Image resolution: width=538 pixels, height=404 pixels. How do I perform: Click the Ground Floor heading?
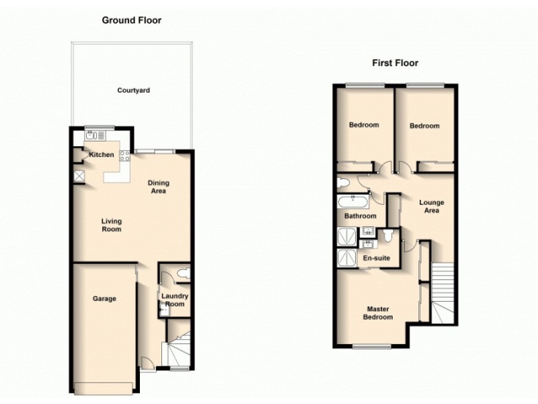pos(132,20)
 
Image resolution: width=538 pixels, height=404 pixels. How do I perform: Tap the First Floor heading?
pos(395,63)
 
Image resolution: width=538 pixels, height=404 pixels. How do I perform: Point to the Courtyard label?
pos(133,90)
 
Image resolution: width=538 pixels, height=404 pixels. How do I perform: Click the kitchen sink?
pos(93,135)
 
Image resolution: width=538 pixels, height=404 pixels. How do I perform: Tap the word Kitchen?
pos(102,156)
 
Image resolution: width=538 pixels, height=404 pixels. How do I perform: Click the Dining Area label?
pos(159,187)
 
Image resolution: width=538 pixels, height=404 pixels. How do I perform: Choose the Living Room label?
pos(112,225)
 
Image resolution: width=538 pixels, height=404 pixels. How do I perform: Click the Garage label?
pos(104,298)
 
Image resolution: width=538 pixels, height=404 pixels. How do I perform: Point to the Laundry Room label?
pos(174,300)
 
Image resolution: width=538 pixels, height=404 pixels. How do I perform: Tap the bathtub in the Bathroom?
pos(352,201)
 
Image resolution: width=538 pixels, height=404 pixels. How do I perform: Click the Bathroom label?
pos(360,217)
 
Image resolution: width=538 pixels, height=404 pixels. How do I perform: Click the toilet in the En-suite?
pos(388,234)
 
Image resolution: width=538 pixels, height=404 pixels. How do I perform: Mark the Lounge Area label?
pos(431,206)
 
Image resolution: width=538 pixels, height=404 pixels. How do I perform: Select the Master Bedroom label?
pos(377,313)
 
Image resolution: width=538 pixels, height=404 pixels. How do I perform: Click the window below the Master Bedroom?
pos(367,347)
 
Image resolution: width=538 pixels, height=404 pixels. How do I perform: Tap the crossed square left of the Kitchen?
pos(79,176)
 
